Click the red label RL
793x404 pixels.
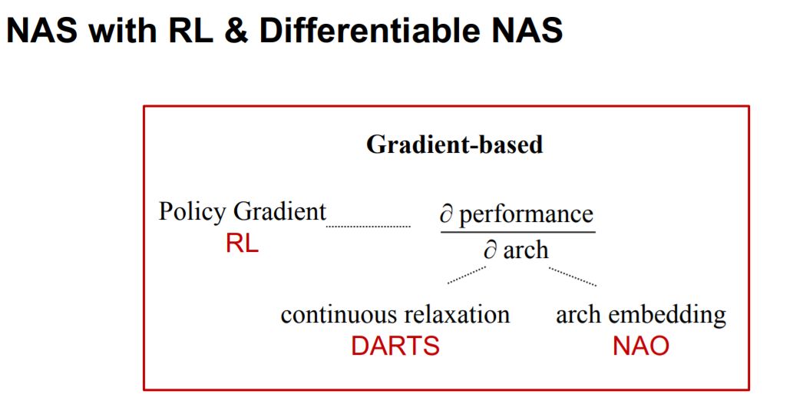coord(242,244)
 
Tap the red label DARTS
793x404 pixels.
coord(395,346)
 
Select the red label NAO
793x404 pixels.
coord(640,346)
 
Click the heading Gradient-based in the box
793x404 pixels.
coord(454,144)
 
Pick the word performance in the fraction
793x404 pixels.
coord(527,214)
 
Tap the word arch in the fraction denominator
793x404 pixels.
coord(526,250)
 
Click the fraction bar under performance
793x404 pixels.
coord(517,232)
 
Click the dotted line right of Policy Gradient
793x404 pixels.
coord(368,227)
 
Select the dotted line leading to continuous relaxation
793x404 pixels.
coord(467,274)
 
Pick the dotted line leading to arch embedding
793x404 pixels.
coord(573,276)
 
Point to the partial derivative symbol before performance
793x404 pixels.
coord(447,214)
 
